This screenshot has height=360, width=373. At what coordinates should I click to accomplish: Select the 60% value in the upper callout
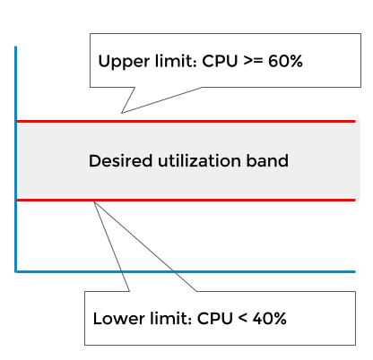pyautogui.click(x=285, y=61)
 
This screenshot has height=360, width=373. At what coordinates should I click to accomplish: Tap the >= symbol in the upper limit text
pyautogui.click(x=253, y=61)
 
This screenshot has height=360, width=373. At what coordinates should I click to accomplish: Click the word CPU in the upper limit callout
pyautogui.click(x=220, y=61)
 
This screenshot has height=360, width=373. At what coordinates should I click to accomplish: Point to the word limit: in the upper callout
pyautogui.click(x=176, y=61)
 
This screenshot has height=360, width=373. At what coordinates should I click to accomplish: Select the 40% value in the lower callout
pyautogui.click(x=270, y=319)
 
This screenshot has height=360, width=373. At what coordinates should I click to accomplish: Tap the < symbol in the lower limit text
pyautogui.click(x=243, y=319)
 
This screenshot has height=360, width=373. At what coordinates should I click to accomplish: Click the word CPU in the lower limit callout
pyautogui.click(x=215, y=319)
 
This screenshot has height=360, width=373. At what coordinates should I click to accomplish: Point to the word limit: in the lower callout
pyautogui.click(x=171, y=319)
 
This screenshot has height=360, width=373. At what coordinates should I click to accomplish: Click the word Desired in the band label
pyautogui.click(x=121, y=161)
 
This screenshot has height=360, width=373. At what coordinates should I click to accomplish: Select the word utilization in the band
pyautogui.click(x=199, y=161)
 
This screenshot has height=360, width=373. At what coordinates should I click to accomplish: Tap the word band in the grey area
pyautogui.click(x=267, y=161)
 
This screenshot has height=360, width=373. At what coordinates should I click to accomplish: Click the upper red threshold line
pyautogui.click(x=186, y=121)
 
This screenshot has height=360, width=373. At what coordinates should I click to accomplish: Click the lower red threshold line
pyautogui.click(x=186, y=200)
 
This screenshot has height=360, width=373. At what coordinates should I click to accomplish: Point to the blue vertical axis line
pyautogui.click(x=15, y=159)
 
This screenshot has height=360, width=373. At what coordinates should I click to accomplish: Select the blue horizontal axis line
pyautogui.click(x=186, y=271)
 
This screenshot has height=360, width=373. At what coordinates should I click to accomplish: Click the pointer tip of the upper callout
pyautogui.click(x=121, y=113)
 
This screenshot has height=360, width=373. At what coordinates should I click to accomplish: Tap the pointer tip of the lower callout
pyautogui.click(x=94, y=201)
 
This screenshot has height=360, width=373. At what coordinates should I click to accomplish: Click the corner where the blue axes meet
pyautogui.click(x=15, y=271)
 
